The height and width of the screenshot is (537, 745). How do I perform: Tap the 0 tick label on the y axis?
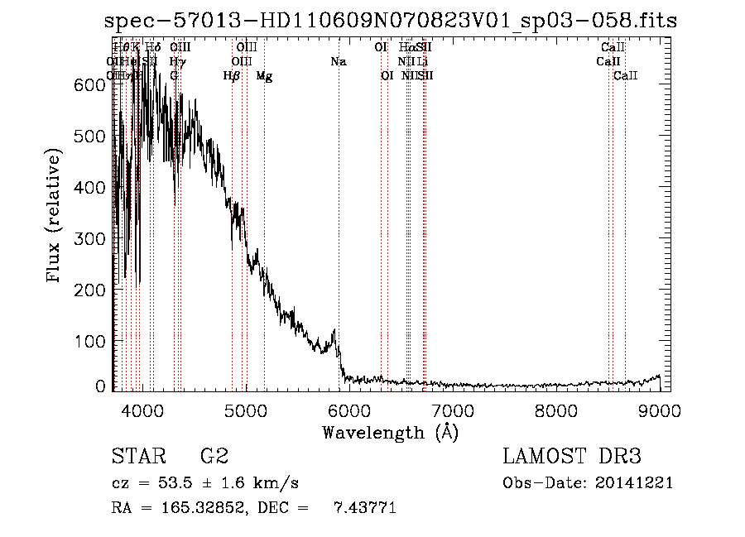pos(100,386)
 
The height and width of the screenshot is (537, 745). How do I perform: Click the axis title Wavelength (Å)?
pos(390,432)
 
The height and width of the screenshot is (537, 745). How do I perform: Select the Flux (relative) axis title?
pos(55,217)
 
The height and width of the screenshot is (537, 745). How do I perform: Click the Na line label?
pos(338,62)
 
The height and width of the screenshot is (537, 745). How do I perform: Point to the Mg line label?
pos(264,76)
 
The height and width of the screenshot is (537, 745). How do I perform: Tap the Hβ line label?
pos(232,76)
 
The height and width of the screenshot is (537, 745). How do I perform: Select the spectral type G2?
pos(214,456)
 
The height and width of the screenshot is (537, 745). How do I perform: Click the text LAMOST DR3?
pos(571,456)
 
